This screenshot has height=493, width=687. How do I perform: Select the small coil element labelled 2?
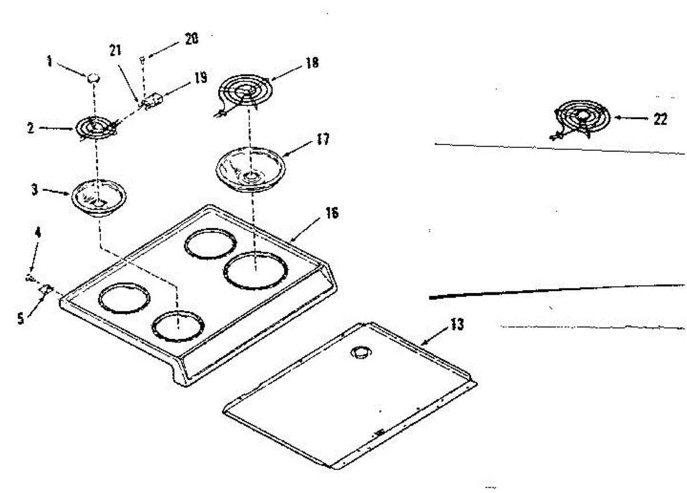coord(96,127)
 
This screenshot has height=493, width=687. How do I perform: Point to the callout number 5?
coord(21,319)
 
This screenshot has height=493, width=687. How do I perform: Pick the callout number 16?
coord(331,213)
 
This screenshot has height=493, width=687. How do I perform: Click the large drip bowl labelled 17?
coord(250,167)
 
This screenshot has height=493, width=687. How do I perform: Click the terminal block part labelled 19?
coord(151,101)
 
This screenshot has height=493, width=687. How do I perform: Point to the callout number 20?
coord(191,39)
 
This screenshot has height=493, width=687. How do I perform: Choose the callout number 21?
coord(116,50)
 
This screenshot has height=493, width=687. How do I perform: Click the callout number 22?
coord(660,119)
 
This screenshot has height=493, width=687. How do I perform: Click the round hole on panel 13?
coord(360,353)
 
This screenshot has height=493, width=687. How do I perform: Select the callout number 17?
coord(322,139)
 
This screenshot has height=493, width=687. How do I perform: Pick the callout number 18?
coord(312,62)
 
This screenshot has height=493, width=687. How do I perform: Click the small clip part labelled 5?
coord(45,290)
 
